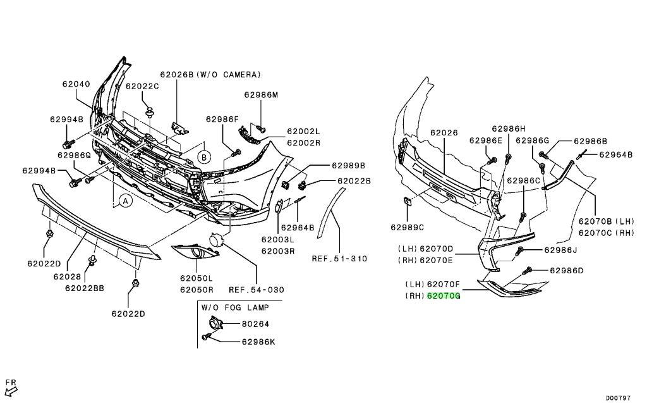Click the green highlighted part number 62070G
tap(444, 295)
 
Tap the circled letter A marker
tap(125, 201)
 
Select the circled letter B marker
tap(204, 156)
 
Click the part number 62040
tap(76, 84)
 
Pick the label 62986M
tap(260, 95)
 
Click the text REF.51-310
tap(339, 258)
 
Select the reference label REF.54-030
tap(256, 290)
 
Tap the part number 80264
tap(255, 324)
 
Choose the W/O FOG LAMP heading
tap(235, 307)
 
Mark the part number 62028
tap(67, 276)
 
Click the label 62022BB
tap(84, 288)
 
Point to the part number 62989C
tap(407, 227)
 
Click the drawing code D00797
tap(619, 398)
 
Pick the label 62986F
tap(222, 118)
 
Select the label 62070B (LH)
tap(605, 222)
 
